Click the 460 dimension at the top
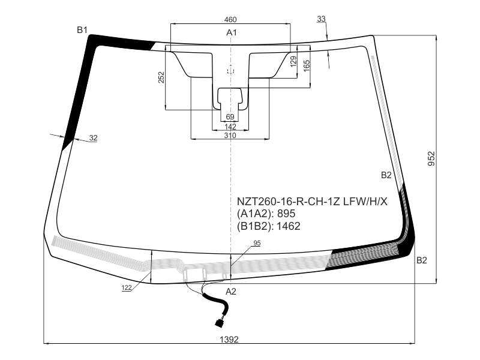coord(230,20)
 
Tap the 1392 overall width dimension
coord(229,339)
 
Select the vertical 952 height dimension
coord(431,158)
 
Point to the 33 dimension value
coord(321,19)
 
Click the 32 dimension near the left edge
coord(94,138)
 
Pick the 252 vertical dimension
coord(161,77)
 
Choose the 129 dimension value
coord(293,62)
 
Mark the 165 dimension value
coord(307,66)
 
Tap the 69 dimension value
coord(230,116)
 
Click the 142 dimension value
coord(230,127)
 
